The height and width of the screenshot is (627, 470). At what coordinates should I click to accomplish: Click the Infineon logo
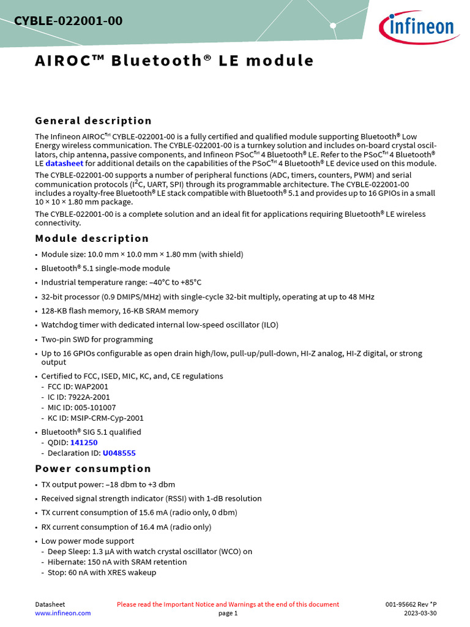(x=419, y=26)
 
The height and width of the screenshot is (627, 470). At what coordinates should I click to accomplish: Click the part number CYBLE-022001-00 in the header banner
(x=68, y=21)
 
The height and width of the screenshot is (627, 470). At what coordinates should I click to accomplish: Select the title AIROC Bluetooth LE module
(x=174, y=61)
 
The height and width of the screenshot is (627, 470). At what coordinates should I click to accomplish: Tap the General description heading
(x=93, y=121)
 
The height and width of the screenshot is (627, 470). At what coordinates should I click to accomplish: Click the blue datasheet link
(x=64, y=163)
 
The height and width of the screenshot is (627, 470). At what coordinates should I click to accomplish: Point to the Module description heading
(x=92, y=238)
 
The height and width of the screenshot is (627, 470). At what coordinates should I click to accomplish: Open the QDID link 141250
(x=84, y=442)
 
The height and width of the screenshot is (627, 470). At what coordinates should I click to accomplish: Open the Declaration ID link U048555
(x=119, y=453)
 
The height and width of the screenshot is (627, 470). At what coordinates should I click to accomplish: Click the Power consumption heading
(x=93, y=468)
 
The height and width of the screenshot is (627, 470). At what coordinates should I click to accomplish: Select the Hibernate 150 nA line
(x=117, y=561)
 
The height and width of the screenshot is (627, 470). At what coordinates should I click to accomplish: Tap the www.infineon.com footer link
(x=62, y=613)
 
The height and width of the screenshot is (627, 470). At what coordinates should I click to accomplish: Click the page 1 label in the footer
(x=228, y=613)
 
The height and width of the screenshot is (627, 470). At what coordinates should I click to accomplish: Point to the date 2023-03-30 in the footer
(x=420, y=613)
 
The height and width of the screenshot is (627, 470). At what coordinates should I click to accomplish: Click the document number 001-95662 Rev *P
(x=411, y=604)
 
